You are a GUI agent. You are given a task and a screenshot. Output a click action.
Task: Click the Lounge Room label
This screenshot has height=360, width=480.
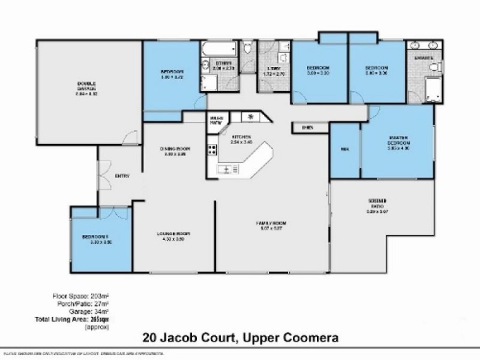pyautogui.click(x=173, y=234)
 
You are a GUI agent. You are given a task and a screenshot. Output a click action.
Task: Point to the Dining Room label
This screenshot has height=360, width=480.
pyautogui.click(x=175, y=150)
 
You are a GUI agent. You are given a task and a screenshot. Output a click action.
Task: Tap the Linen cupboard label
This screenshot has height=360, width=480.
pyautogui.click(x=308, y=127)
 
